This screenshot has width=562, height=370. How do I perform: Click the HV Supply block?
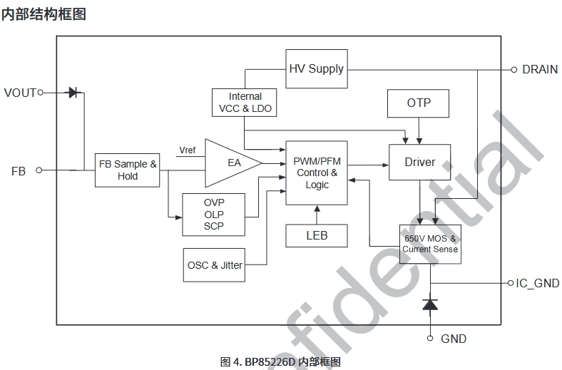(316, 69)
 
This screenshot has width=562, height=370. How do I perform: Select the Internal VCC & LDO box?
(245, 103)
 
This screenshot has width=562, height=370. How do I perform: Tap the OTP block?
(419, 103)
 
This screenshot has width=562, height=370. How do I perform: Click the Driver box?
(419, 163)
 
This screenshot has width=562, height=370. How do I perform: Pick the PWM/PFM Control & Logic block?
(317, 173)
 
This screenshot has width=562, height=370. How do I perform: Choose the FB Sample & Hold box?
(128, 170)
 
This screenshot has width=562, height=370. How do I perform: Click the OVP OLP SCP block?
(214, 215)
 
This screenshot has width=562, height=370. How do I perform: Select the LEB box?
(317, 235)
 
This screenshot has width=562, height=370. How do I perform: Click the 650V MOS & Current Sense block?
(429, 245)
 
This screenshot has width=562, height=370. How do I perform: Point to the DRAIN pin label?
(539, 69)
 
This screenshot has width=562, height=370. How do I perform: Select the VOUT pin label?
(19, 92)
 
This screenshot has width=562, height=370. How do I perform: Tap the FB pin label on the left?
(19, 171)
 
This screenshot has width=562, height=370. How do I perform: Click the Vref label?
(187, 150)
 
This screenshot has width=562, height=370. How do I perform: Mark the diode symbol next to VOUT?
(73, 92)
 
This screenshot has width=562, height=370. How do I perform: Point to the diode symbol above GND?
(430, 304)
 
